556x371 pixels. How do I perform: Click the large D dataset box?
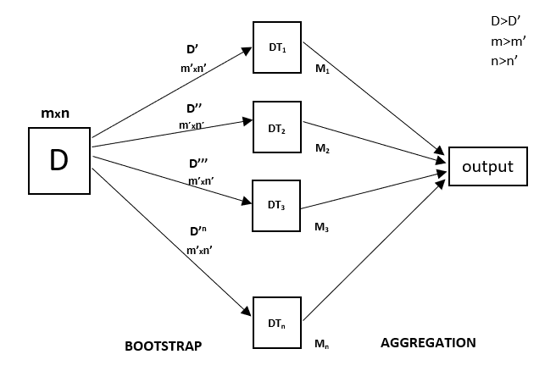tap(59, 159)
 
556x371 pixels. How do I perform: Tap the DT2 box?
tap(277, 128)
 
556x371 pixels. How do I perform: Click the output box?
tap(487, 166)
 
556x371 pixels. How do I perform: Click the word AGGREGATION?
tap(428, 343)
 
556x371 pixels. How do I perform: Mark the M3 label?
tap(321, 227)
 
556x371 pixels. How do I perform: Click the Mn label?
tap(321, 344)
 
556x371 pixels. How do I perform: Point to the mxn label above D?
tap(55, 112)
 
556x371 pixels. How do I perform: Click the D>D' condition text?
tap(508, 21)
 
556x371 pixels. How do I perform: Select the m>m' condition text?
tap(509, 41)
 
